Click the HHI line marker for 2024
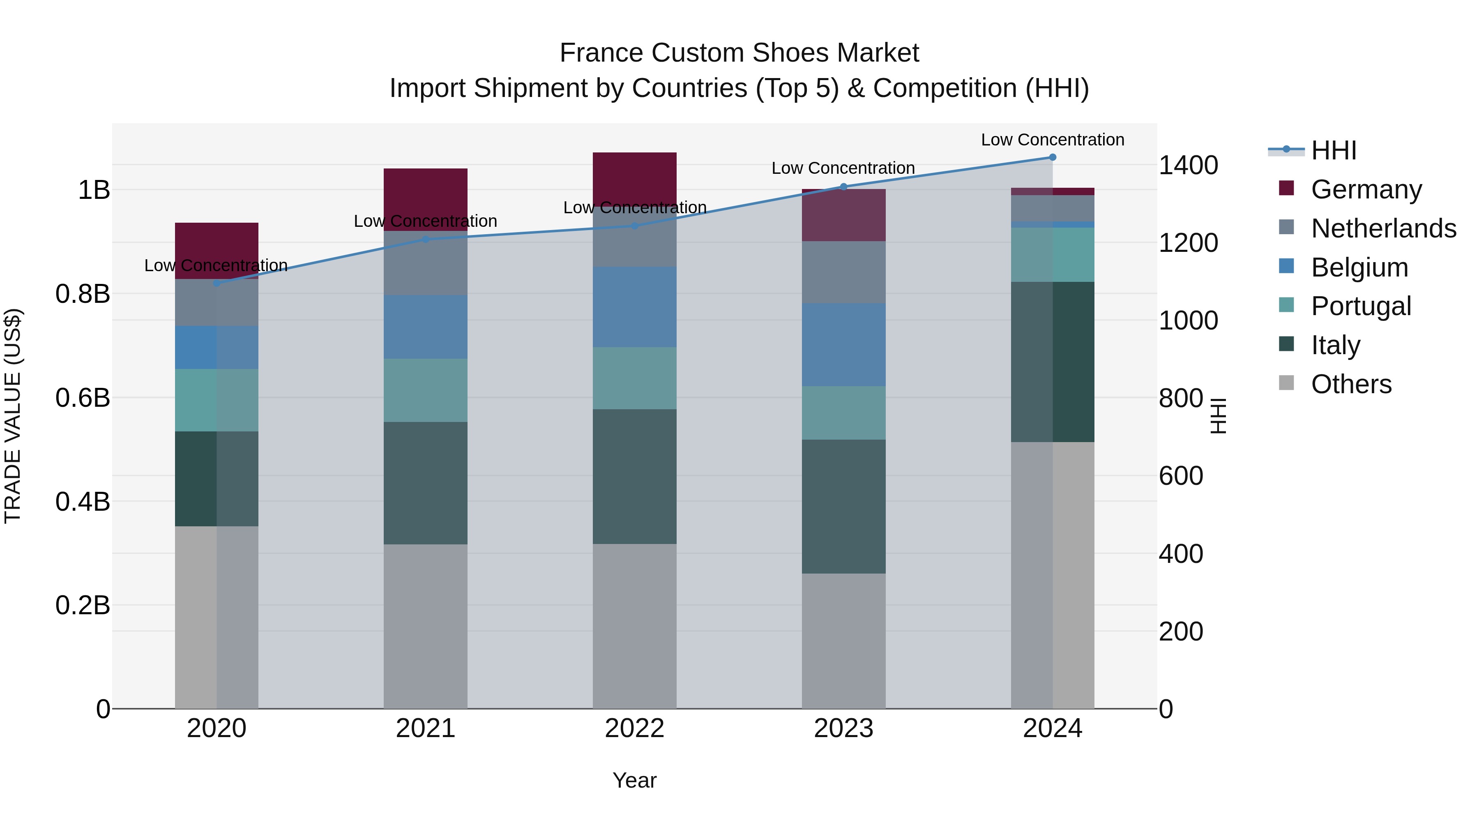pyautogui.click(x=1053, y=157)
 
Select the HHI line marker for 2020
pyautogui.click(x=217, y=283)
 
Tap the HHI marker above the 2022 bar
pyautogui.click(x=634, y=226)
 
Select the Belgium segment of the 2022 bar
pyautogui.click(x=634, y=307)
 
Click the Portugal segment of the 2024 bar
pyautogui.click(x=1053, y=254)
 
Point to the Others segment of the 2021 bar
pyautogui.click(x=426, y=626)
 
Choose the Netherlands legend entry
pyautogui.click(x=1383, y=228)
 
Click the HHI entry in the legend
pyautogui.click(x=1333, y=150)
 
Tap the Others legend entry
pyautogui.click(x=1351, y=384)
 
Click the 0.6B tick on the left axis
pyautogui.click(x=83, y=398)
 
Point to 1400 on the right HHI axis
pyautogui.click(x=1188, y=165)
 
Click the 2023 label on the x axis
pyautogui.click(x=843, y=728)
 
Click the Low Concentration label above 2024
pyautogui.click(x=1053, y=140)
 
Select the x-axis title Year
pyautogui.click(x=634, y=780)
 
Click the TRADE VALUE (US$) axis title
pyautogui.click(x=13, y=416)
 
